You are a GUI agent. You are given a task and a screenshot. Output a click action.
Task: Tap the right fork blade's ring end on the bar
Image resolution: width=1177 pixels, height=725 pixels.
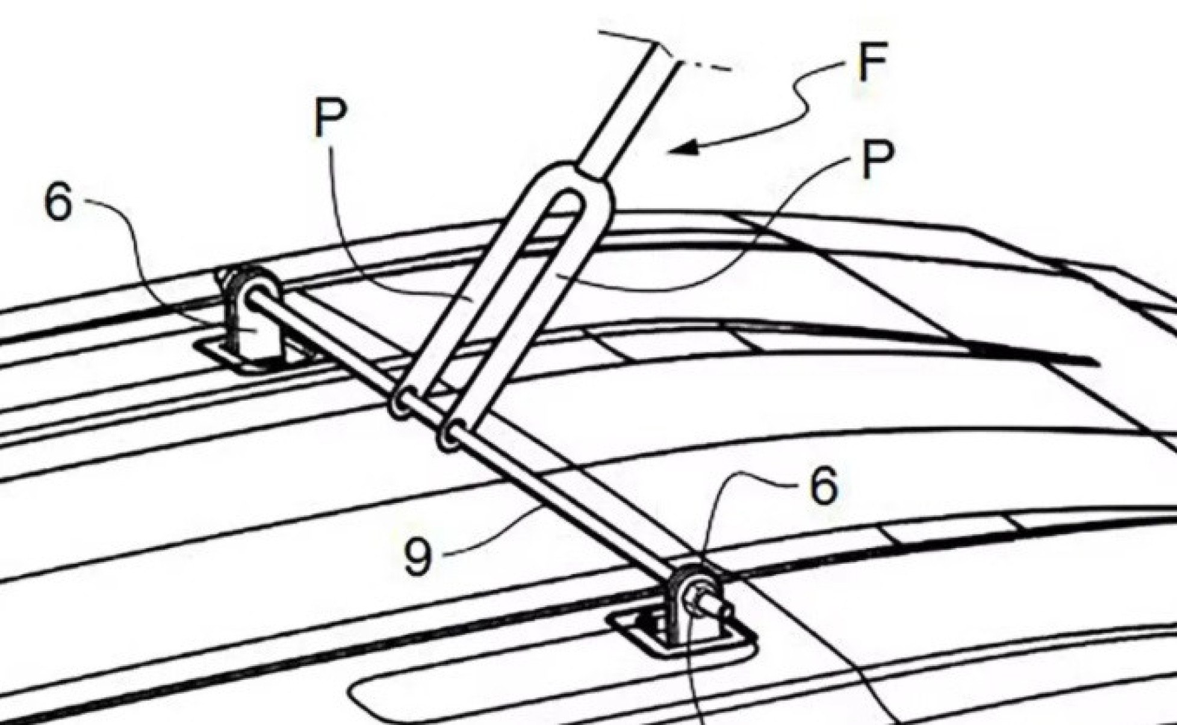tap(450, 434)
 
